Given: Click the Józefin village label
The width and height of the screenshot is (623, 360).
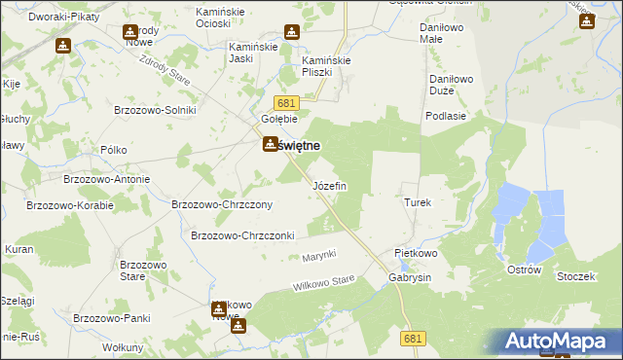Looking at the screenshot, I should point(328,186).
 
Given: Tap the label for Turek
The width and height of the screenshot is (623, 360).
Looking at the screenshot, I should point(417,202).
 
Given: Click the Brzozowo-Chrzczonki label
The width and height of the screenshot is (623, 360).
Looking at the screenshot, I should point(242,235).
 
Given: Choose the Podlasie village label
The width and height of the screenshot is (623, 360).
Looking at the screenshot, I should point(444,116).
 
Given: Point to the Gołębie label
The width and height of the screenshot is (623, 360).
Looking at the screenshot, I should point(278,119).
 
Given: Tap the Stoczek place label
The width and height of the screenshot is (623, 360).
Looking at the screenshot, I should point(575,276).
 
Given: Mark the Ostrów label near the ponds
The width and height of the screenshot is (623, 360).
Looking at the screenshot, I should point(524,270).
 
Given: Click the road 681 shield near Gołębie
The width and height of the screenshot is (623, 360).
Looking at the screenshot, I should point(285,103).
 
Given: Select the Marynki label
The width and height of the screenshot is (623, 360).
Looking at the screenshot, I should point(318,255).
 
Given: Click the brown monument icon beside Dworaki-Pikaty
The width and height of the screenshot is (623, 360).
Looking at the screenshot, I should point(62,46).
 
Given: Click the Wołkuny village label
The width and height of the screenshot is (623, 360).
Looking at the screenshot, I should point(124,347).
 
